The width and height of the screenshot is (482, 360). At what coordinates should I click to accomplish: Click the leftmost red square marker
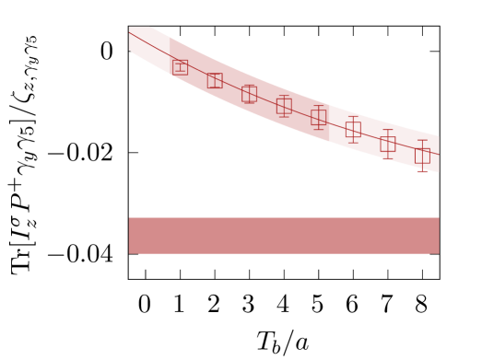coord(180,66)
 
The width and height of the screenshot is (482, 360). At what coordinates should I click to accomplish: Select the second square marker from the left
coord(215,80)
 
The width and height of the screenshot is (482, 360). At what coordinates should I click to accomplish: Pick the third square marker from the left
coord(249,94)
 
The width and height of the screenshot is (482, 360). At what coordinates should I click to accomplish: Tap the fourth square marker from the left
coord(284,106)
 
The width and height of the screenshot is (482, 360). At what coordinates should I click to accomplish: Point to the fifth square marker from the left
coord(319,118)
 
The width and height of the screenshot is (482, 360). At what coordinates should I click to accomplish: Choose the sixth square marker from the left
coord(353,130)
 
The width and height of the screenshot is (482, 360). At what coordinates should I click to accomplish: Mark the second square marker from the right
coord(388,144)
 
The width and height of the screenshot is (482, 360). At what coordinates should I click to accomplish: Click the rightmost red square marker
coord(422,156)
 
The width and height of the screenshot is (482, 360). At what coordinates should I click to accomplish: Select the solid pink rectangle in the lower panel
coord(284,235)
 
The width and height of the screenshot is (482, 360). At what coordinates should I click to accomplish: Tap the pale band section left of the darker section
coord(147,46)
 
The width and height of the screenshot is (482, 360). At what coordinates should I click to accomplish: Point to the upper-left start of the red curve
coord(130,32)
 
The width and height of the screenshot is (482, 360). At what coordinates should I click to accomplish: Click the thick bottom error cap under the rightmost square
coord(422,171)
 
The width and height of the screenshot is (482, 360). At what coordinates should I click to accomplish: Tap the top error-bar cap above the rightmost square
coord(422,140)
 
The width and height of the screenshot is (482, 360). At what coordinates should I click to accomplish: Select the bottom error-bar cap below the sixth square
coord(353,142)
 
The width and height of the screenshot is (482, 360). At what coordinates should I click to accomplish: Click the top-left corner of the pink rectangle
coord(129,218)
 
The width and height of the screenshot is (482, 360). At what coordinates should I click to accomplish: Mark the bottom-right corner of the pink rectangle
coord(438,252)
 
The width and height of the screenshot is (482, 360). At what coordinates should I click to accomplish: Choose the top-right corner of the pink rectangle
coord(438,218)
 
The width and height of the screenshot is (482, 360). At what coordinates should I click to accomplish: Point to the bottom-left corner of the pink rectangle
coord(129,252)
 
